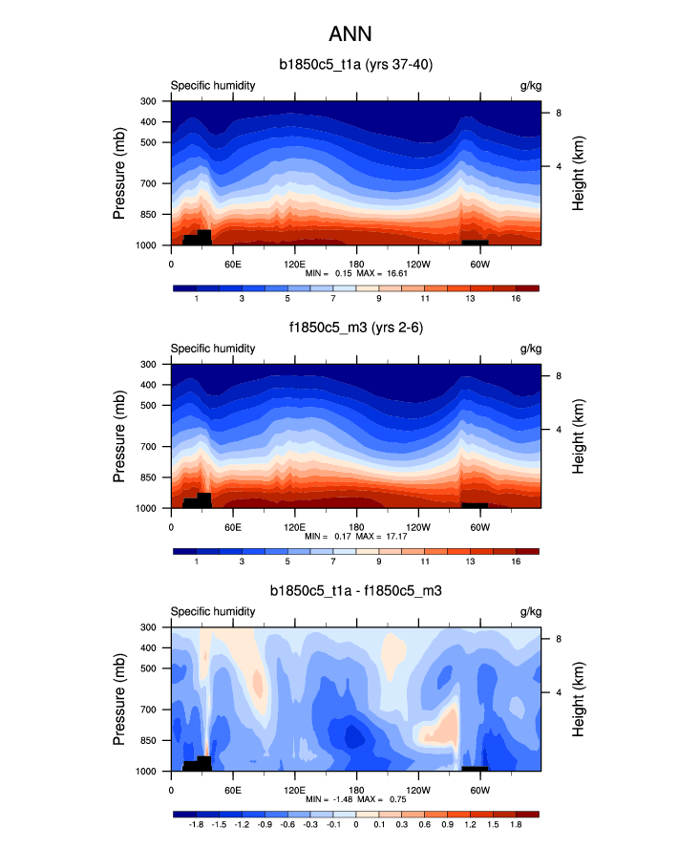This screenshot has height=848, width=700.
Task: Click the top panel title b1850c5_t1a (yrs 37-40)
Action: [355, 65]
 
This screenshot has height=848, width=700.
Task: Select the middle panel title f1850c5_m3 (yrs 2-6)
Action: [355, 329]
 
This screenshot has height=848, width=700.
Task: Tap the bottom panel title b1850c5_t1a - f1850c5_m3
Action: [355, 592]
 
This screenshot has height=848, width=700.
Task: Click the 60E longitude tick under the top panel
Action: [232, 263]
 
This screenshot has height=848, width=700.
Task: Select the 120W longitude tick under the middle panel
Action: [417, 526]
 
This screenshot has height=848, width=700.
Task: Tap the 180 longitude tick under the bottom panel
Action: [356, 790]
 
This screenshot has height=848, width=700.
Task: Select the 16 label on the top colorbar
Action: [516, 300]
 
